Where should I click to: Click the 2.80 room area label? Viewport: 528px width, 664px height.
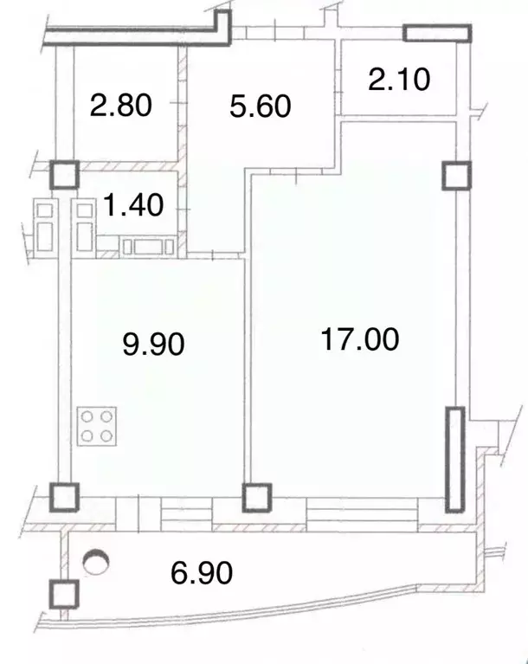pyautogui.click(x=120, y=106)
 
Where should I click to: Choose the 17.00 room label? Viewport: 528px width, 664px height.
pyautogui.click(x=360, y=338)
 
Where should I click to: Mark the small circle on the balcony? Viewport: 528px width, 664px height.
pyautogui.click(x=95, y=563)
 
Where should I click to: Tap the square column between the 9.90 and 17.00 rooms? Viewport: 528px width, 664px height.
pyautogui.click(x=255, y=498)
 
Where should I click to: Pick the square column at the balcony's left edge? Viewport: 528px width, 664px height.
pyautogui.click(x=63, y=595)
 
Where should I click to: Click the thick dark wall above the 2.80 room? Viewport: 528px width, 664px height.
pyautogui.click(x=130, y=35)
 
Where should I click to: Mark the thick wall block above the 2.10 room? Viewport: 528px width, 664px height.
pyautogui.click(x=438, y=33)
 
